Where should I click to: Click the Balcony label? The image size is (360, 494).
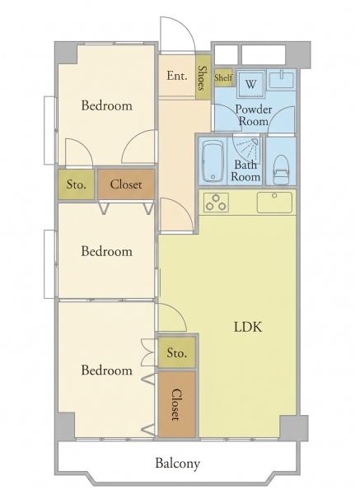click(x=177, y=464)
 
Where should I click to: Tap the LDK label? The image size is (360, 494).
click(x=248, y=327)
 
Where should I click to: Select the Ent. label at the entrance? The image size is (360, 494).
click(x=177, y=76)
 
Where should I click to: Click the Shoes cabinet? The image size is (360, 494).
click(x=203, y=77)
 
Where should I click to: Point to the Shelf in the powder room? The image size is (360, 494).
click(x=223, y=77)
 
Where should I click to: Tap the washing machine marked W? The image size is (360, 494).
click(x=250, y=84)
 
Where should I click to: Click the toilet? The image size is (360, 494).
click(x=281, y=170)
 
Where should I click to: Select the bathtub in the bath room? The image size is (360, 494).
click(x=213, y=161)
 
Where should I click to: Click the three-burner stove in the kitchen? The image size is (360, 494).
click(x=216, y=203)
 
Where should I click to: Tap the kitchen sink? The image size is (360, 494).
click(x=274, y=203)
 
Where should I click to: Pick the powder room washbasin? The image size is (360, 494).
click(x=281, y=78)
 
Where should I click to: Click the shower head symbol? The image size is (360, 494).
click(x=255, y=142)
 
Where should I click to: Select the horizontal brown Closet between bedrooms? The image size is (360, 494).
click(x=126, y=184)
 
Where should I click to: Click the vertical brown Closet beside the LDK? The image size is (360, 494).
click(x=176, y=404)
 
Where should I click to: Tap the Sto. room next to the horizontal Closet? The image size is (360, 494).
click(x=76, y=184)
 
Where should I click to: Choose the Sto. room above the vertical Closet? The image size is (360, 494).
click(x=176, y=352)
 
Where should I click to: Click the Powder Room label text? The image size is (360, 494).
click(x=254, y=115)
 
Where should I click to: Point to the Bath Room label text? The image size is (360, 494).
click(x=245, y=170)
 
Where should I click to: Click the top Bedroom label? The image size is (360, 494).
click(x=107, y=105)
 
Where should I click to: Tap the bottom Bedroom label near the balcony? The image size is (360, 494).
click(x=107, y=370)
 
